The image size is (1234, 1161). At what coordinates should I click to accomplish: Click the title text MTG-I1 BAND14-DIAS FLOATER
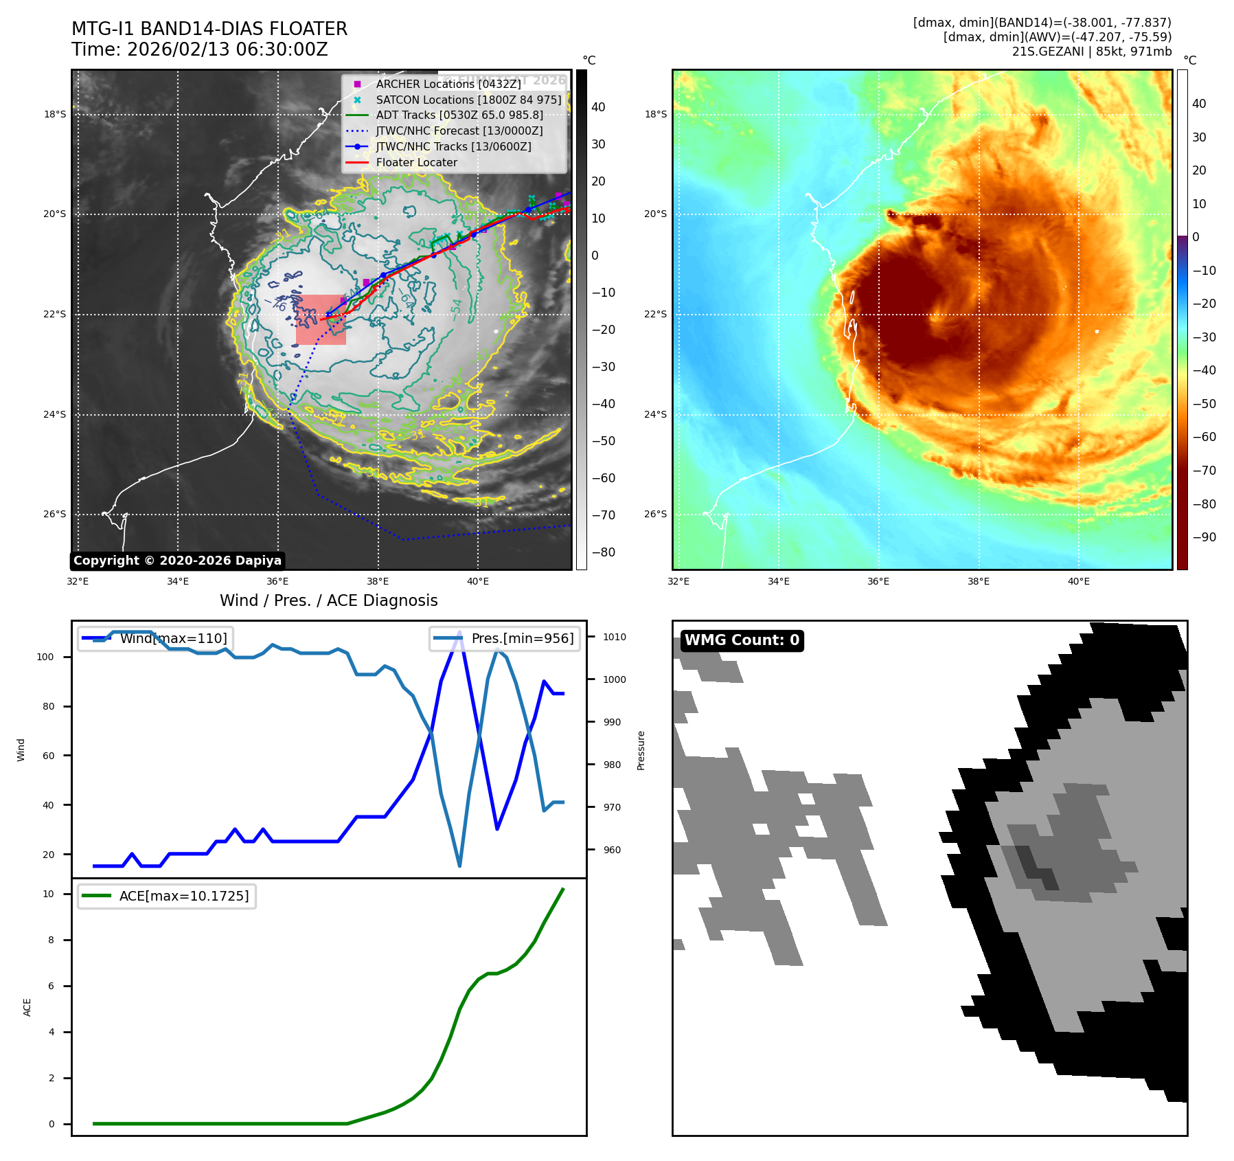point(209,29)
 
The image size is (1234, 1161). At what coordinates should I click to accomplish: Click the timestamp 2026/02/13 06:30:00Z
point(227,50)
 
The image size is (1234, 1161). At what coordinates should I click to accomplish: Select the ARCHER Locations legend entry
point(448,84)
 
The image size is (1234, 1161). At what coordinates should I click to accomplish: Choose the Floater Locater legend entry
point(416,163)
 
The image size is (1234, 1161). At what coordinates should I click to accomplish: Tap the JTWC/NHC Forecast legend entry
point(459,131)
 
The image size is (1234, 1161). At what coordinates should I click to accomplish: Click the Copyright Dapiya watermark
point(177,561)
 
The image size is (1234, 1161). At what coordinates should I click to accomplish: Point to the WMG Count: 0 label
point(742,640)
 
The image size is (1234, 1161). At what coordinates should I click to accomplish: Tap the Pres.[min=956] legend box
point(505,638)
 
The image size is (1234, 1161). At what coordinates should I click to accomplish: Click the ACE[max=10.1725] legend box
point(167,896)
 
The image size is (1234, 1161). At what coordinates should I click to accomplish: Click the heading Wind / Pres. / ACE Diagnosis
point(328,600)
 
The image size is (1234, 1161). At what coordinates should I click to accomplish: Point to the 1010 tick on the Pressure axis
point(615,637)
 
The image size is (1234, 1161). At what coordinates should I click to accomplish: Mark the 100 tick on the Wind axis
point(45,657)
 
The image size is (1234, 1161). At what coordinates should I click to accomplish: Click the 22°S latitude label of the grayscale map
point(55,315)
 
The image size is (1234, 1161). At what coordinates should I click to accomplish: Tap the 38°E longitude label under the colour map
point(978,581)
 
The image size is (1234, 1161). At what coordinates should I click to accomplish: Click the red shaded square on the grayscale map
point(321,319)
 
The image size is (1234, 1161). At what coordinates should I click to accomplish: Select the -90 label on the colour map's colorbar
point(1204,537)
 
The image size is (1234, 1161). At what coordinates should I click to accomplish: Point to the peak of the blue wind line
point(459,634)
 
